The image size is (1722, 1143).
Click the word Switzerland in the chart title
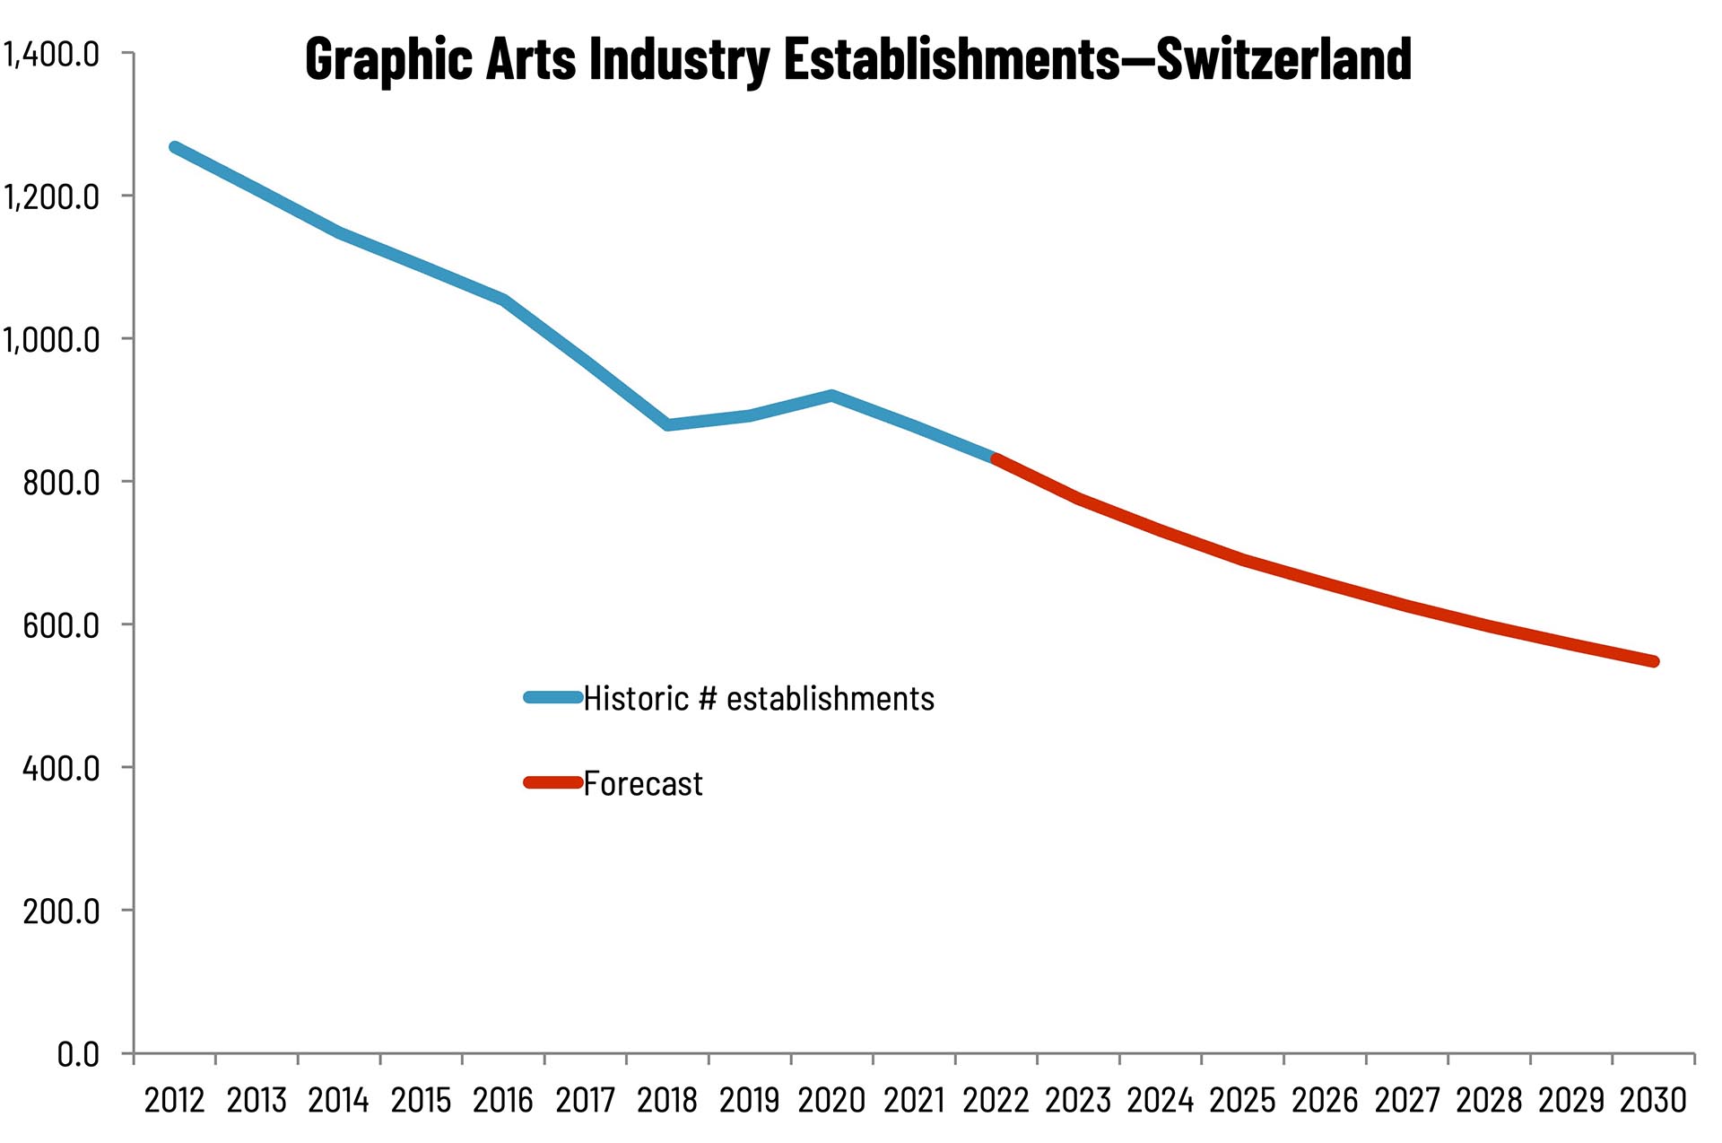[1283, 59]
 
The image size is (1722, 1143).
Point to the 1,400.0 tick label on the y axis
[51, 55]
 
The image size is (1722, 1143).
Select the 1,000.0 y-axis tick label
[51, 340]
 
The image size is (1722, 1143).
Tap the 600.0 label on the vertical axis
[61, 625]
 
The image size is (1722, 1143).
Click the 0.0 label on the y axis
[78, 1054]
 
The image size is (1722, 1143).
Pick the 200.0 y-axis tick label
[61, 912]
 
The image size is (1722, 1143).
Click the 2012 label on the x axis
[174, 1101]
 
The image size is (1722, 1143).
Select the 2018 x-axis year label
[667, 1101]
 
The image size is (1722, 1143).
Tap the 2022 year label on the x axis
[996, 1101]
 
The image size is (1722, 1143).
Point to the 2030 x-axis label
[1653, 1101]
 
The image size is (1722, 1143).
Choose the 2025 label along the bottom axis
[1242, 1101]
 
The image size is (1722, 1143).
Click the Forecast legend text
[642, 784]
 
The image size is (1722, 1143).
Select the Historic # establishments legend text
[759, 699]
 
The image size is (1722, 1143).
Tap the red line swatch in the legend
[553, 783]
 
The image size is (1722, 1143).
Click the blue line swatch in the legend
[553, 697]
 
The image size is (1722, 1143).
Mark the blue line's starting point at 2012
[175, 148]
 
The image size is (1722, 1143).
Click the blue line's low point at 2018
[668, 424]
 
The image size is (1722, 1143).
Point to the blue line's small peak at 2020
[832, 396]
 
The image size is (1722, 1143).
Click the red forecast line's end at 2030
[1654, 662]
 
